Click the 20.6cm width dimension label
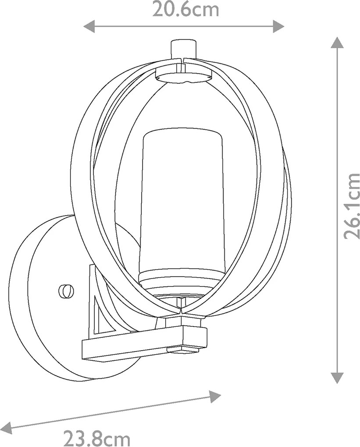[186, 10]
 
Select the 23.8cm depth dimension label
[96, 438]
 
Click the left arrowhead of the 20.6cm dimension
[89, 26]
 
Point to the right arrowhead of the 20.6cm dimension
[278, 26]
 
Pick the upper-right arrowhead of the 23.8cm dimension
[214, 396]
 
